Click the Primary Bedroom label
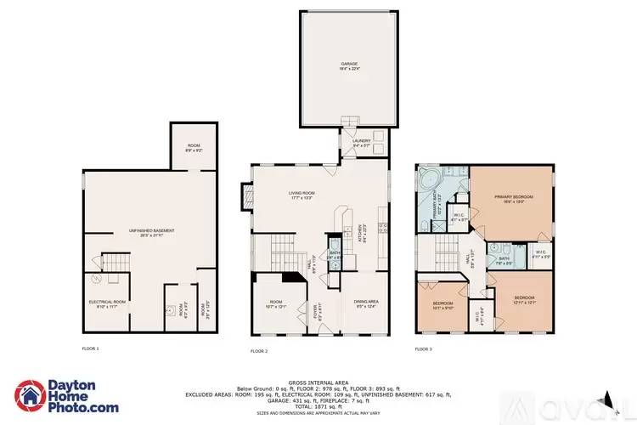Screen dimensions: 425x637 512,199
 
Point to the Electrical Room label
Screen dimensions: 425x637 108,303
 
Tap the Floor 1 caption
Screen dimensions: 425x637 90,348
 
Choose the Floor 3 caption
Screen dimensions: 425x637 423,349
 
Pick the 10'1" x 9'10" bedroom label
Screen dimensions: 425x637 443,304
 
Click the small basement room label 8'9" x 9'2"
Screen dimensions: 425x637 194,149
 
